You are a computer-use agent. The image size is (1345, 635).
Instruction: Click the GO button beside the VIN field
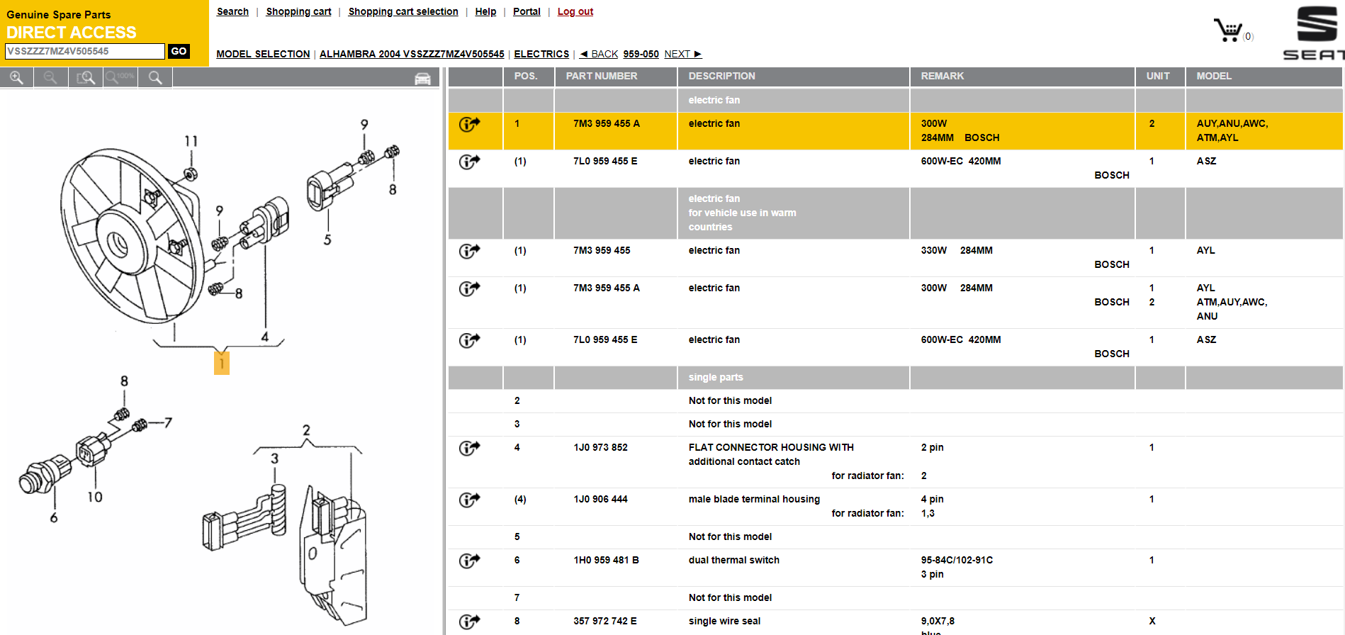(x=179, y=51)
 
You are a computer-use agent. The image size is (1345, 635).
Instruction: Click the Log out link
(x=575, y=11)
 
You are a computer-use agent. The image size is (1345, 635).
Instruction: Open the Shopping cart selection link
(x=403, y=11)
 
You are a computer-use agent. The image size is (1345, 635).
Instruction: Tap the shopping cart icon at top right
(x=1228, y=30)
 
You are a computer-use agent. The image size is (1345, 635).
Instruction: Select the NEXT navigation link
(x=682, y=54)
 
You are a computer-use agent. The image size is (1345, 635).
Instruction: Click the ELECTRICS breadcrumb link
(x=541, y=54)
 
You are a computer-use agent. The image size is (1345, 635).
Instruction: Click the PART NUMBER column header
(x=602, y=76)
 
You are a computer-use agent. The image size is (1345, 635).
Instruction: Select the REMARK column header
(x=942, y=76)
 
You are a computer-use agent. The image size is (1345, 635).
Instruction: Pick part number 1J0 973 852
(x=600, y=447)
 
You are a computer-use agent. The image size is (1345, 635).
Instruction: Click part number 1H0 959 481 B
(x=606, y=560)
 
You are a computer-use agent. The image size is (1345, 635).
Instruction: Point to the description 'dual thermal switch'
(x=733, y=560)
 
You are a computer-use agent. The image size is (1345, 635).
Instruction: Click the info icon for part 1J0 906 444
(x=469, y=500)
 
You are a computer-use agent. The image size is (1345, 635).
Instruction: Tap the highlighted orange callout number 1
(x=222, y=364)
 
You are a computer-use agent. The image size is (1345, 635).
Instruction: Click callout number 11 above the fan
(x=191, y=141)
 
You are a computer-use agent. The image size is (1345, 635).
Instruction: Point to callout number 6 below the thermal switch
(x=54, y=518)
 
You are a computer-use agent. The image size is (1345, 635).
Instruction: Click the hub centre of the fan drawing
(x=117, y=245)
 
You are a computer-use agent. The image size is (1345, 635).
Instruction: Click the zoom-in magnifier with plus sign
(x=16, y=78)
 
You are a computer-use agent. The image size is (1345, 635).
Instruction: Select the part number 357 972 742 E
(x=604, y=621)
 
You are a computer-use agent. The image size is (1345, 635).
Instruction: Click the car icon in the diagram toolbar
(x=422, y=79)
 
